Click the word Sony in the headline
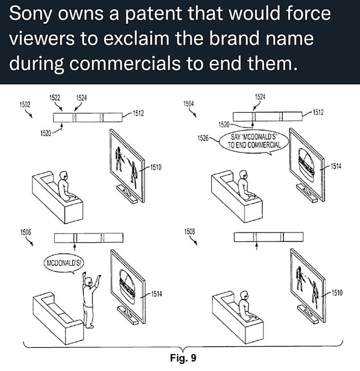coord(30,14)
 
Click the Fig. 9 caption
coord(183,357)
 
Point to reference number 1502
coord(25,104)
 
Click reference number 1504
coord(188,104)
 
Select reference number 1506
coord(25,232)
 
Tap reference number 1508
coord(189,231)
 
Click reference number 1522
coord(55,98)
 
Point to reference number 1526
coord(203,138)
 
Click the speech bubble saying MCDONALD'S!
coord(64,263)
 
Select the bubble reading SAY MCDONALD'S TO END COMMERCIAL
coord(254,142)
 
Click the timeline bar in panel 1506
coord(88,238)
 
